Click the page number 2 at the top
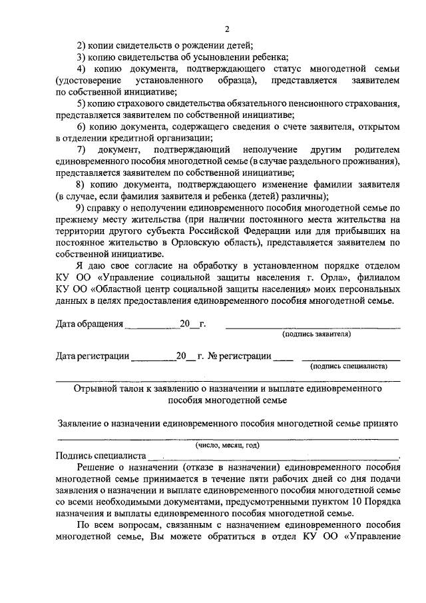click(x=226, y=29)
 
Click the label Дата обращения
click(x=90, y=324)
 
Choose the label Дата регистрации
click(x=93, y=356)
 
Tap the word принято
click(x=378, y=423)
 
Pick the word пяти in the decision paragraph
click(x=263, y=478)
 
